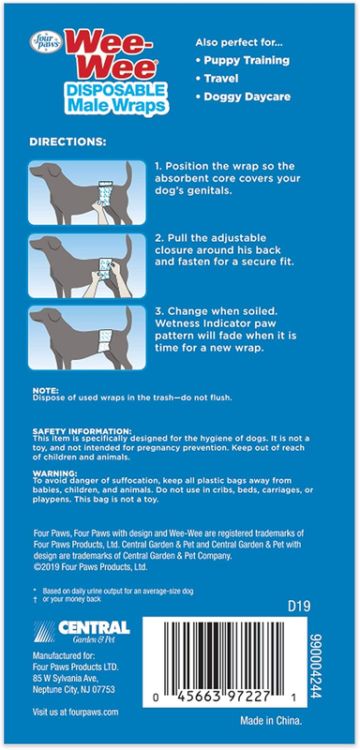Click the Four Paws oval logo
click(46, 42)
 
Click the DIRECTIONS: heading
click(67, 142)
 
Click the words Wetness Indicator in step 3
click(197, 323)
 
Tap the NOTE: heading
click(45, 390)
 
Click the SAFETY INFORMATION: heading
click(82, 430)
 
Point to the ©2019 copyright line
click(90, 567)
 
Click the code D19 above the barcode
click(299, 607)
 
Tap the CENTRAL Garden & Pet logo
click(82, 631)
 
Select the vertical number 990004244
click(317, 666)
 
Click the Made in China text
click(271, 720)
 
